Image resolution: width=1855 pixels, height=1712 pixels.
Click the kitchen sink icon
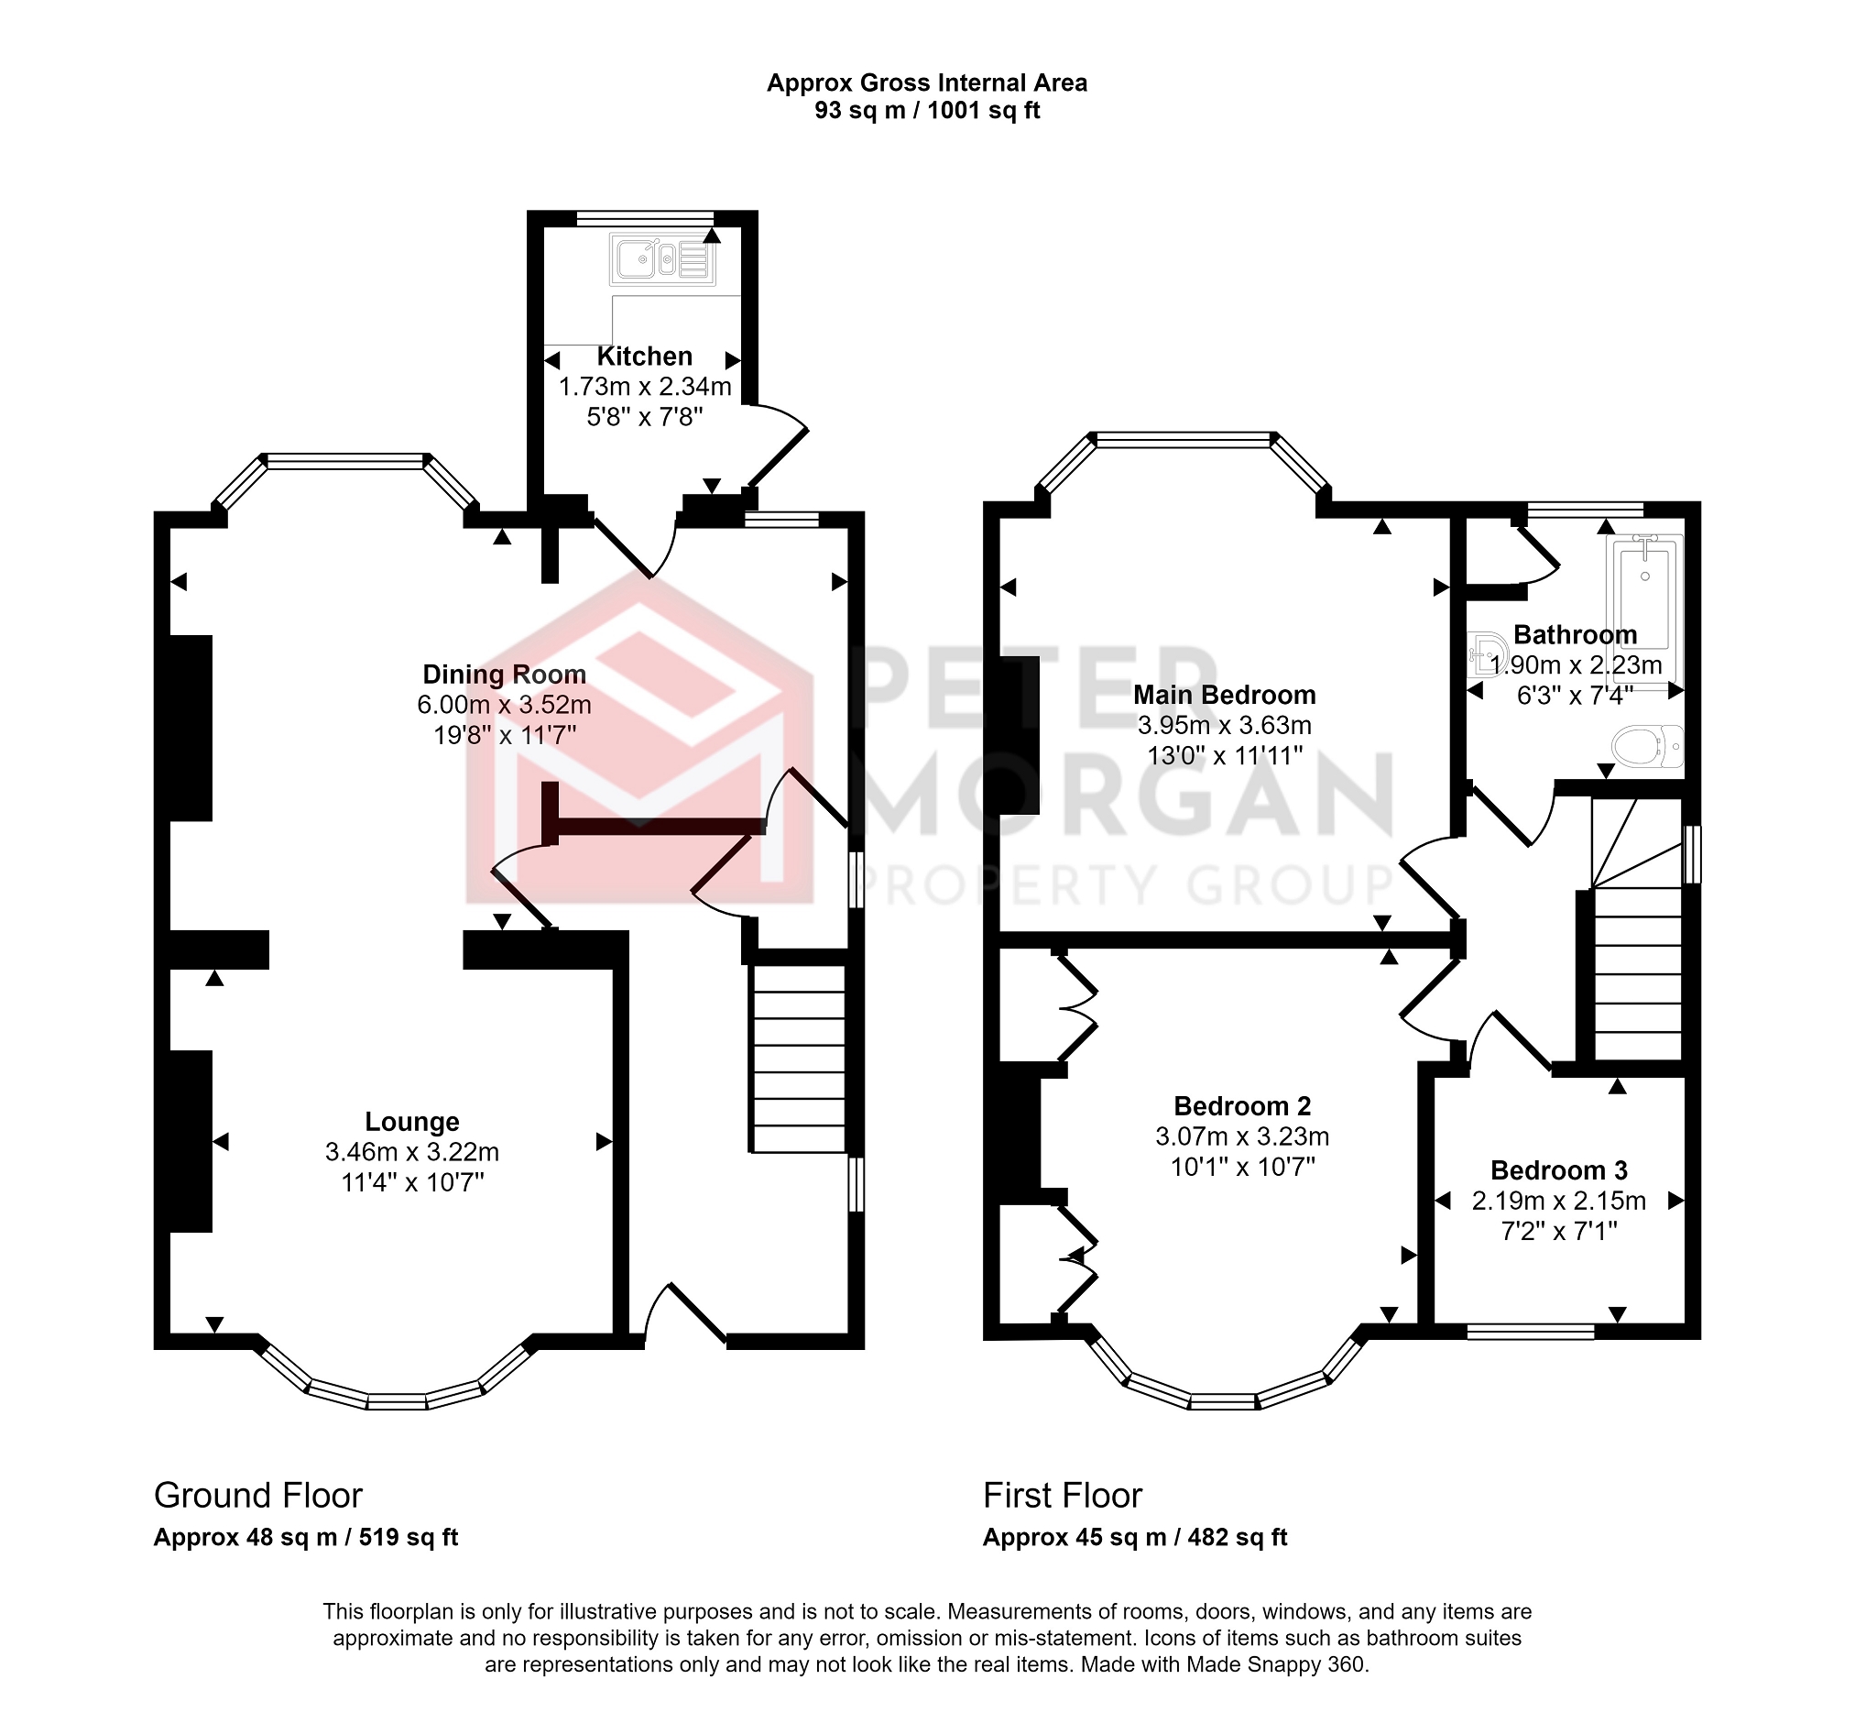pyautogui.click(x=662, y=260)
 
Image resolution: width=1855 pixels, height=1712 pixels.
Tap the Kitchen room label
pyautogui.click(x=645, y=357)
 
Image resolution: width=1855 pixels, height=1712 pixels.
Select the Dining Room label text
pyautogui.click(x=504, y=675)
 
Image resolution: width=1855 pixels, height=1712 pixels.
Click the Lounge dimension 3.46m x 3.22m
pyautogui.click(x=412, y=1152)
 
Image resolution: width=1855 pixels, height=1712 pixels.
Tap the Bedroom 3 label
pyautogui.click(x=1558, y=1170)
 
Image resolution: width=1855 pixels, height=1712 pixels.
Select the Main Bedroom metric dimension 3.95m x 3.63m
pyautogui.click(x=1225, y=725)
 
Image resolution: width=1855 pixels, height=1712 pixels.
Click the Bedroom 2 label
pyautogui.click(x=1242, y=1106)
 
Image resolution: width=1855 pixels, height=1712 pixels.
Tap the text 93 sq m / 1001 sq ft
pyautogui.click(x=926, y=111)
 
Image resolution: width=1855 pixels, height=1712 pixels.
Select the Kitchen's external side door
pyautogui.click(x=776, y=449)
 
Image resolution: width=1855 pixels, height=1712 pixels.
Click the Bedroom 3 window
pyautogui.click(x=1531, y=1333)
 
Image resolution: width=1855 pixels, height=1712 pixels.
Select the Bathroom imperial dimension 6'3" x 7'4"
pyautogui.click(x=1575, y=696)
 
